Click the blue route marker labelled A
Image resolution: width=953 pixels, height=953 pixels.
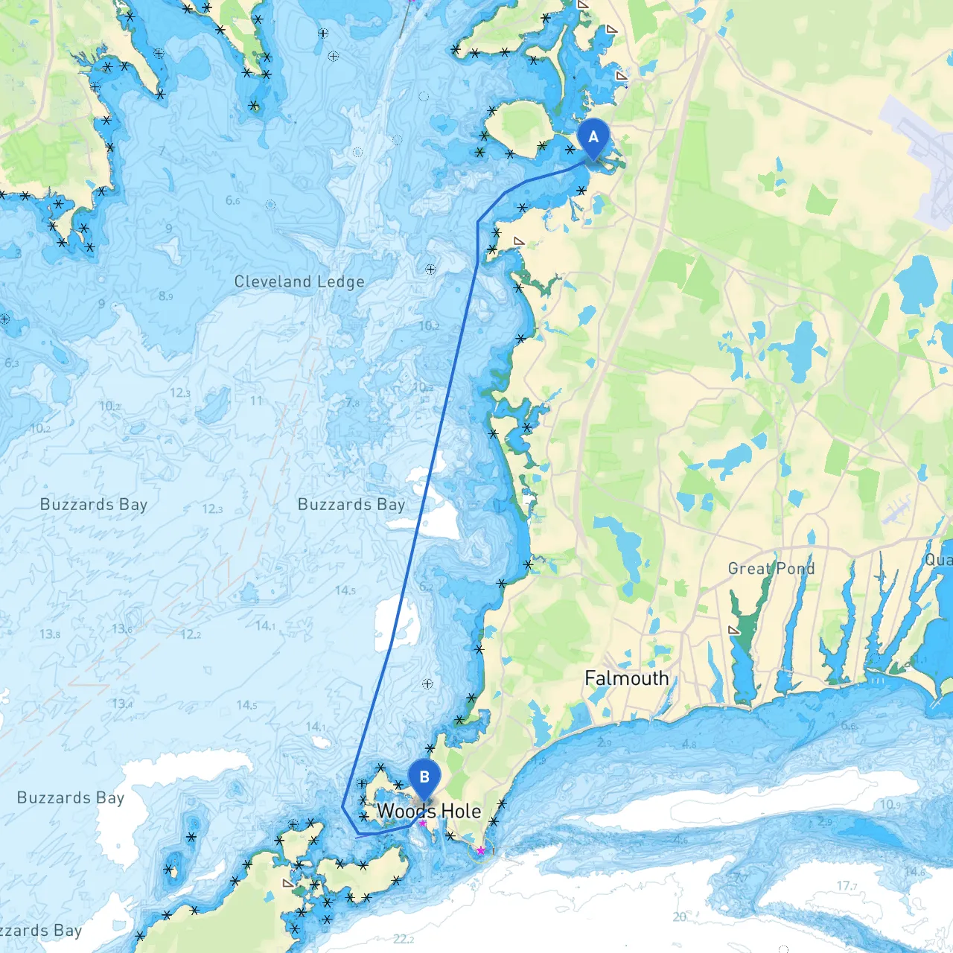(x=593, y=138)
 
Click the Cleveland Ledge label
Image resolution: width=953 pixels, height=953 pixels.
(x=299, y=281)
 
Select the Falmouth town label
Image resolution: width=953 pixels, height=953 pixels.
(x=626, y=678)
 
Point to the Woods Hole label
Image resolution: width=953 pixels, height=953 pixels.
(x=429, y=811)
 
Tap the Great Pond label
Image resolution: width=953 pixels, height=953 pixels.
(x=771, y=569)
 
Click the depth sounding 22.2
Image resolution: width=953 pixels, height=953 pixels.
(x=404, y=939)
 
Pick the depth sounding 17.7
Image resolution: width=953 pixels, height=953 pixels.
(x=847, y=886)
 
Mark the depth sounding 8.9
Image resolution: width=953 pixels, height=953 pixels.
(x=165, y=296)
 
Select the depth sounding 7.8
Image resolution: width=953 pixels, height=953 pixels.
(x=352, y=403)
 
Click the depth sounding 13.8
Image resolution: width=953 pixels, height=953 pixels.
(x=50, y=634)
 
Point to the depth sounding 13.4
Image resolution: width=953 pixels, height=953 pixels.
(x=122, y=704)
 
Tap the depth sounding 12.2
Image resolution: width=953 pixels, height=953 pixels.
(x=191, y=634)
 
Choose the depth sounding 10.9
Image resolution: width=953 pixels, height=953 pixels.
(x=890, y=805)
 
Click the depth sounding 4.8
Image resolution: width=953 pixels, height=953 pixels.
(x=689, y=744)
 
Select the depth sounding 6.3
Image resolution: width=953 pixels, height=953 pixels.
(x=12, y=363)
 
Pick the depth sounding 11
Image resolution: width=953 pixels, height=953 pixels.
(x=256, y=401)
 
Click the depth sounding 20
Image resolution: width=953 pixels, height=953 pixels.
(x=679, y=917)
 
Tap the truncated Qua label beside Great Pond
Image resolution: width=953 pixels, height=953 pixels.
(x=937, y=560)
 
